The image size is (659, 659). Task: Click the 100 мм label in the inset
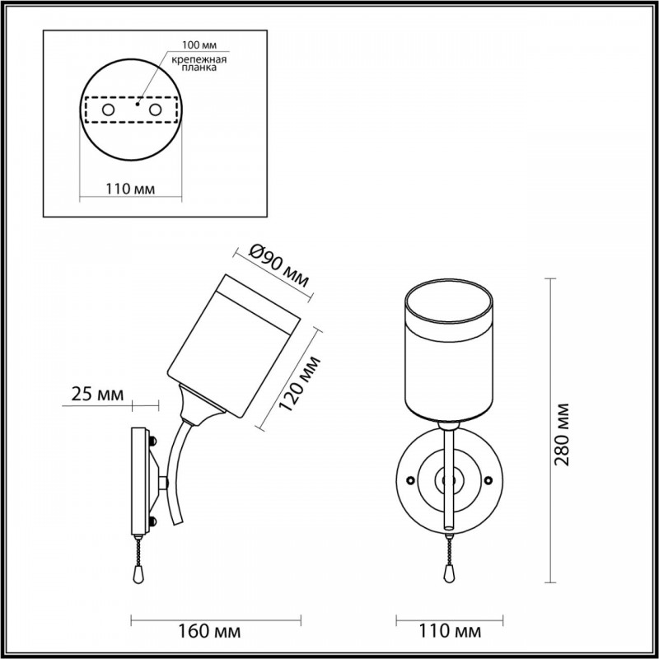199,45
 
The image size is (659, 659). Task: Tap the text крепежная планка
199,63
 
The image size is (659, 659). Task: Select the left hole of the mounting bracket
108,110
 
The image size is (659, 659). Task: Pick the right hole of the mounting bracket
155,110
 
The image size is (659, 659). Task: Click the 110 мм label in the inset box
130,189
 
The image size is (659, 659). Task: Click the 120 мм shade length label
299,385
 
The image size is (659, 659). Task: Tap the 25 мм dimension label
98,395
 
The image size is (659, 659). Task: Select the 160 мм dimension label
209,631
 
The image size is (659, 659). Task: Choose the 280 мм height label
562,434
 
